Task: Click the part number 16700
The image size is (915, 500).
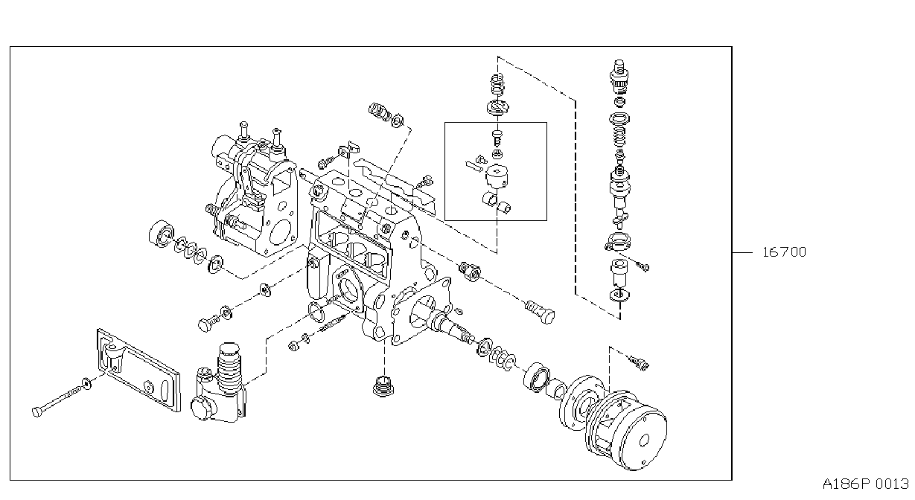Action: [x=784, y=252]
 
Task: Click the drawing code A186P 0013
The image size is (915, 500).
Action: [x=866, y=484]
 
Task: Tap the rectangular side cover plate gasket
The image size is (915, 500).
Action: [x=138, y=370]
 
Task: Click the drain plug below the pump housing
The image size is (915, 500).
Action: [x=383, y=386]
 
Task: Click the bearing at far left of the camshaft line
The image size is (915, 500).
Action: [x=162, y=234]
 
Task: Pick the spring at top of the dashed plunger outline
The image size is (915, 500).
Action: [x=497, y=86]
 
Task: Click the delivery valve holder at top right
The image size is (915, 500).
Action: [x=619, y=76]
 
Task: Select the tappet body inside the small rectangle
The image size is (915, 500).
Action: [x=497, y=177]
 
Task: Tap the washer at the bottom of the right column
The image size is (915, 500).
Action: [x=619, y=295]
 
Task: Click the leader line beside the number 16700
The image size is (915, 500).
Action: [x=742, y=253]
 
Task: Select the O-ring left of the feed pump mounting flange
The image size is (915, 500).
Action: [x=316, y=312]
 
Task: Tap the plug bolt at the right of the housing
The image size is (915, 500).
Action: [x=540, y=312]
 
